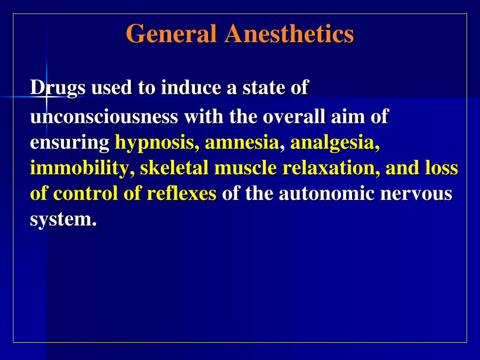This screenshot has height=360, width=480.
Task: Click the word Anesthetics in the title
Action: tap(289, 34)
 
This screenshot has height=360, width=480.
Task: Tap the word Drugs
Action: tap(58, 88)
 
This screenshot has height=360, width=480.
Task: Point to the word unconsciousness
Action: tap(104, 117)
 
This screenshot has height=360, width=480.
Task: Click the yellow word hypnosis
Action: tap(157, 143)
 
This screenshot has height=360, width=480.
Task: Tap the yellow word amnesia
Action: tap(242, 143)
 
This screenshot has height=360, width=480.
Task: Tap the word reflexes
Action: tap(181, 194)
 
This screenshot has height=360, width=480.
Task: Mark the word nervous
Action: tap(416, 194)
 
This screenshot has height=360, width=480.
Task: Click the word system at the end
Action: tap(63, 219)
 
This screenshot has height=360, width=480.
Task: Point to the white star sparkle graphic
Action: tap(46, 97)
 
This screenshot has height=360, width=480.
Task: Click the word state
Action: tap(264, 88)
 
